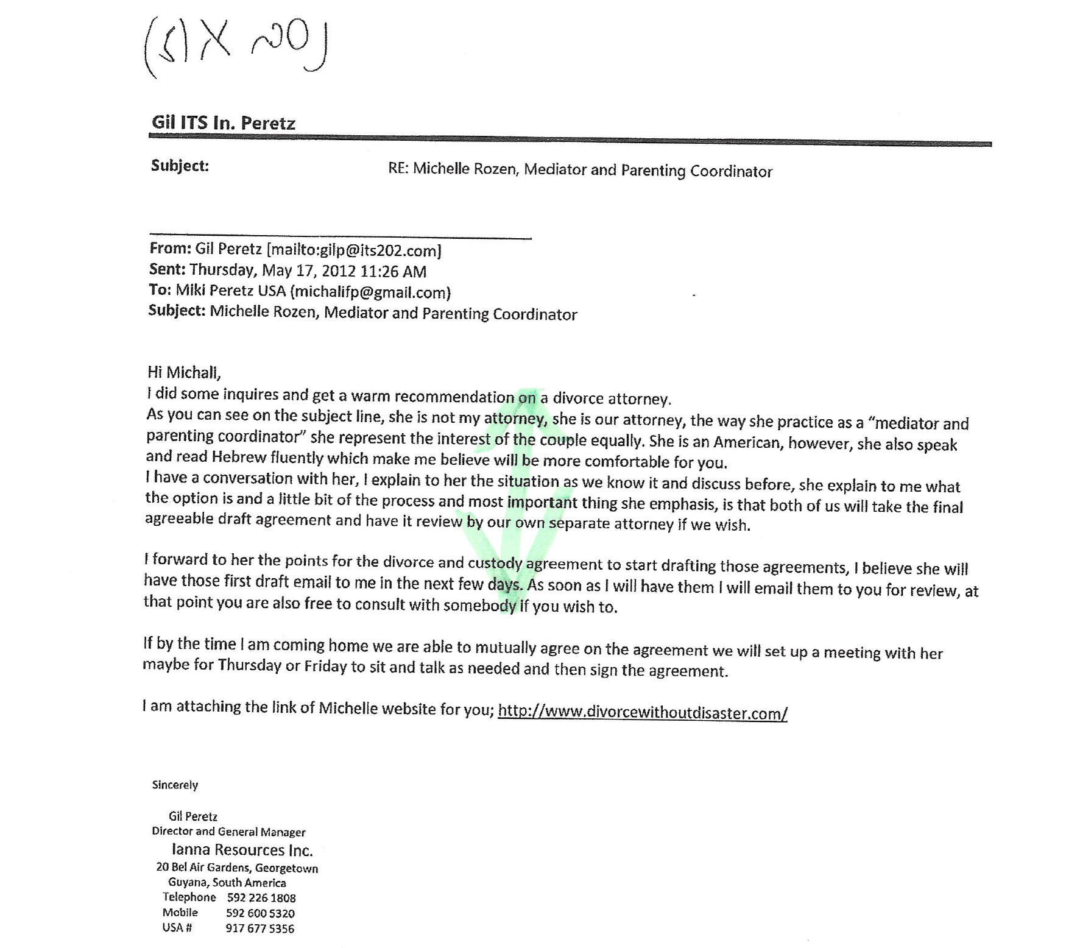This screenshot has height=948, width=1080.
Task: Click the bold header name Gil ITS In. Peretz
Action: (224, 123)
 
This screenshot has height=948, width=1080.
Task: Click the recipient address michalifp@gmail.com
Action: (370, 292)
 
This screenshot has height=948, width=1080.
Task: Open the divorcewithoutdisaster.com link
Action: (642, 712)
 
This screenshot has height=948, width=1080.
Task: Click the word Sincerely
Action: (175, 785)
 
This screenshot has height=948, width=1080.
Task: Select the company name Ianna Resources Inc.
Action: (242, 850)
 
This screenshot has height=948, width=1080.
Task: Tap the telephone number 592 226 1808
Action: (261, 897)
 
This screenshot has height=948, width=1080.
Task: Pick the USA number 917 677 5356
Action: (259, 929)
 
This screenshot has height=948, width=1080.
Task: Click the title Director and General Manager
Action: (228, 832)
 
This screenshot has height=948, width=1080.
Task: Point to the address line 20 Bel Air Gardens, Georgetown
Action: (237, 868)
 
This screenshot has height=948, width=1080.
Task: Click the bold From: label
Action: (170, 249)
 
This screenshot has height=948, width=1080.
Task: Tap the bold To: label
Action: (160, 290)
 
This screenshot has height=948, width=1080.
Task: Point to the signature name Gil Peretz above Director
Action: (193, 816)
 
